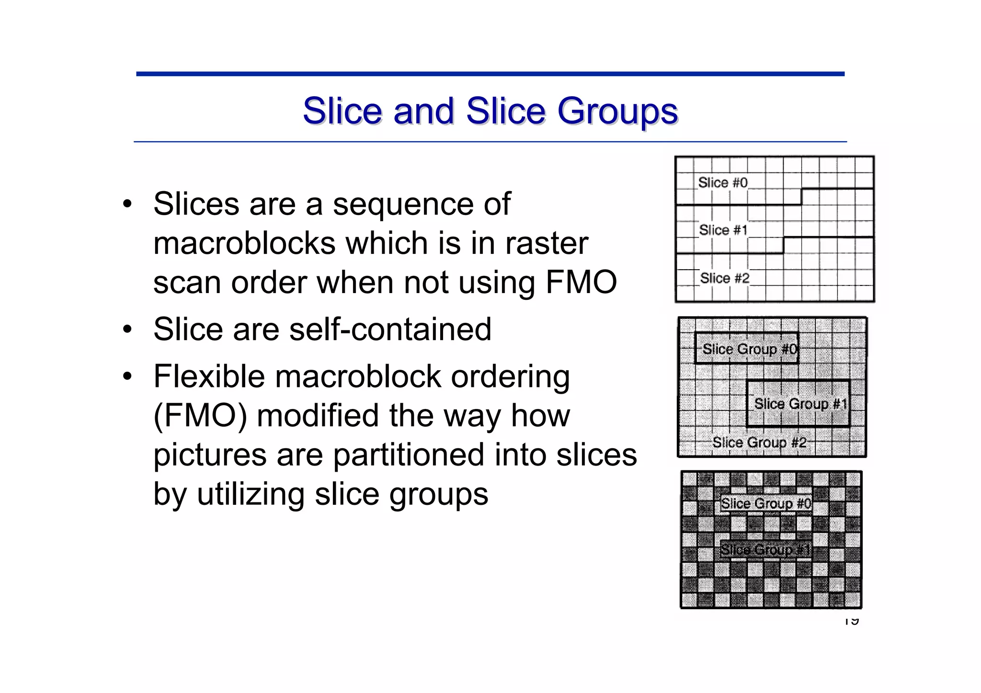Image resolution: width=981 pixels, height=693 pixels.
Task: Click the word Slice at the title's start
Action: click(342, 112)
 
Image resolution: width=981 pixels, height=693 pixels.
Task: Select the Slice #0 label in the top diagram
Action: click(722, 182)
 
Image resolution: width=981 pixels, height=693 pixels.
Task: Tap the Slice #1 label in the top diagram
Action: click(723, 230)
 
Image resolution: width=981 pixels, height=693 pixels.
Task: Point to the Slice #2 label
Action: click(724, 278)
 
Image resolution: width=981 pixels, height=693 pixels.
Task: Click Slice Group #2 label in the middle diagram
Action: click(759, 442)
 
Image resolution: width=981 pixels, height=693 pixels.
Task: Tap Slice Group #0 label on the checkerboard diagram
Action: click(766, 503)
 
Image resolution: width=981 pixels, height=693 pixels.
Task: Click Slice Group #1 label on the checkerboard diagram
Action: click(765, 549)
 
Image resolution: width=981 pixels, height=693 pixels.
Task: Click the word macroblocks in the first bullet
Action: click(244, 243)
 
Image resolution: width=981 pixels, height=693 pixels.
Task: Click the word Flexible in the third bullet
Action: click(209, 376)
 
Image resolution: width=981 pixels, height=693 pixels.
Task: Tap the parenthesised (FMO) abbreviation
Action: click(200, 416)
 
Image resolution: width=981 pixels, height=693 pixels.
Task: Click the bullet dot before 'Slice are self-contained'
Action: click(127, 330)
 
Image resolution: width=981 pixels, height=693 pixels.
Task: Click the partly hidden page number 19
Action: click(851, 621)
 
